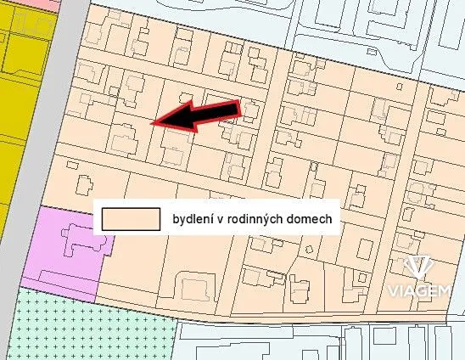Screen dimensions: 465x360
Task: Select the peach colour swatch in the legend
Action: pos(131,218)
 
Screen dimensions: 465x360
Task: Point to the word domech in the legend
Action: pos(319,218)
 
